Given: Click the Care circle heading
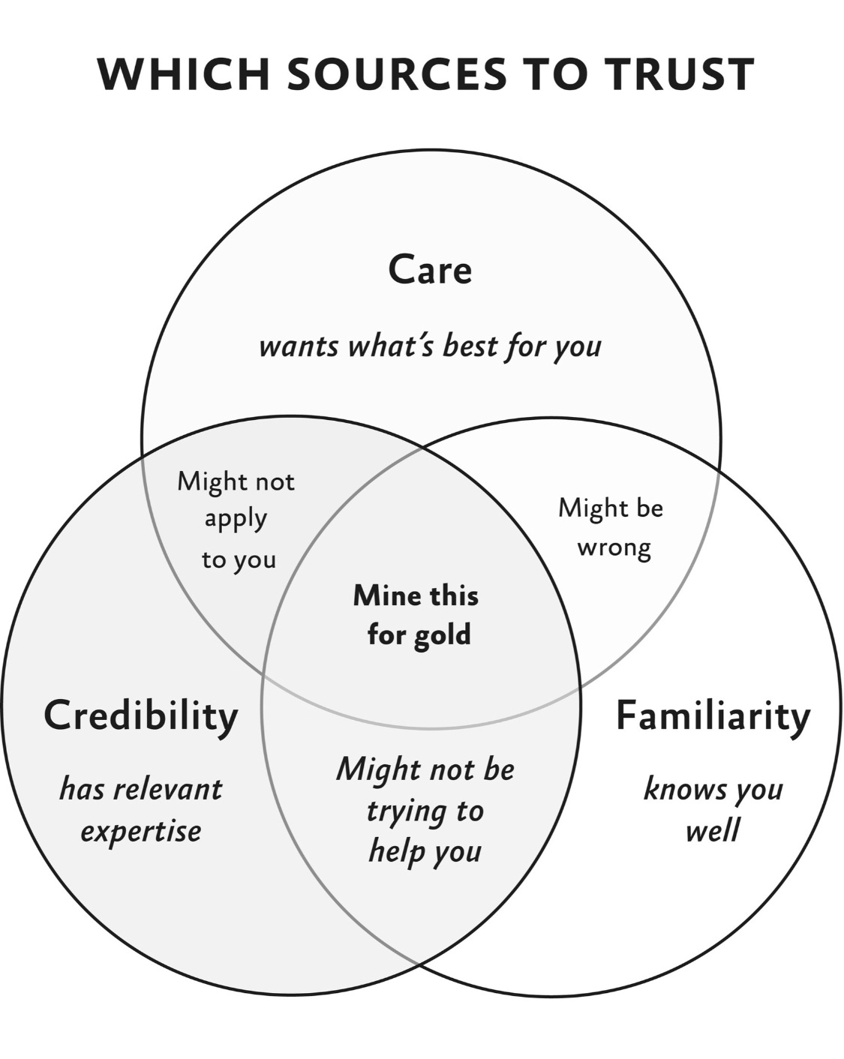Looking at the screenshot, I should [x=430, y=269].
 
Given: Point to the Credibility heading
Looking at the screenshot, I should [x=141, y=715].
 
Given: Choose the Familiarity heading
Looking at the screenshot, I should [x=713, y=715].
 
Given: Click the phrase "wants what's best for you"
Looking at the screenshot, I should [x=430, y=346].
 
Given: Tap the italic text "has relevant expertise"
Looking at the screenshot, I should [x=141, y=809].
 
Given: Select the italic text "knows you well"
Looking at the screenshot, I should [x=713, y=809].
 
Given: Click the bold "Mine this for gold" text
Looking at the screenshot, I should [x=416, y=615].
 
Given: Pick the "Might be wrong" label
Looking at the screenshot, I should [x=611, y=527].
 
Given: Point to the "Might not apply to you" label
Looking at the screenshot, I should [x=236, y=520].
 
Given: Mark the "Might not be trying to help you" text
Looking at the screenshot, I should [x=425, y=810].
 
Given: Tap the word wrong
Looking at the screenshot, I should [x=614, y=547].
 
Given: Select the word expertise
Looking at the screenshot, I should [x=141, y=831].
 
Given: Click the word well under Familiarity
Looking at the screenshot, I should [x=713, y=831].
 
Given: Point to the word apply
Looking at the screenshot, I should [x=236, y=520].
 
